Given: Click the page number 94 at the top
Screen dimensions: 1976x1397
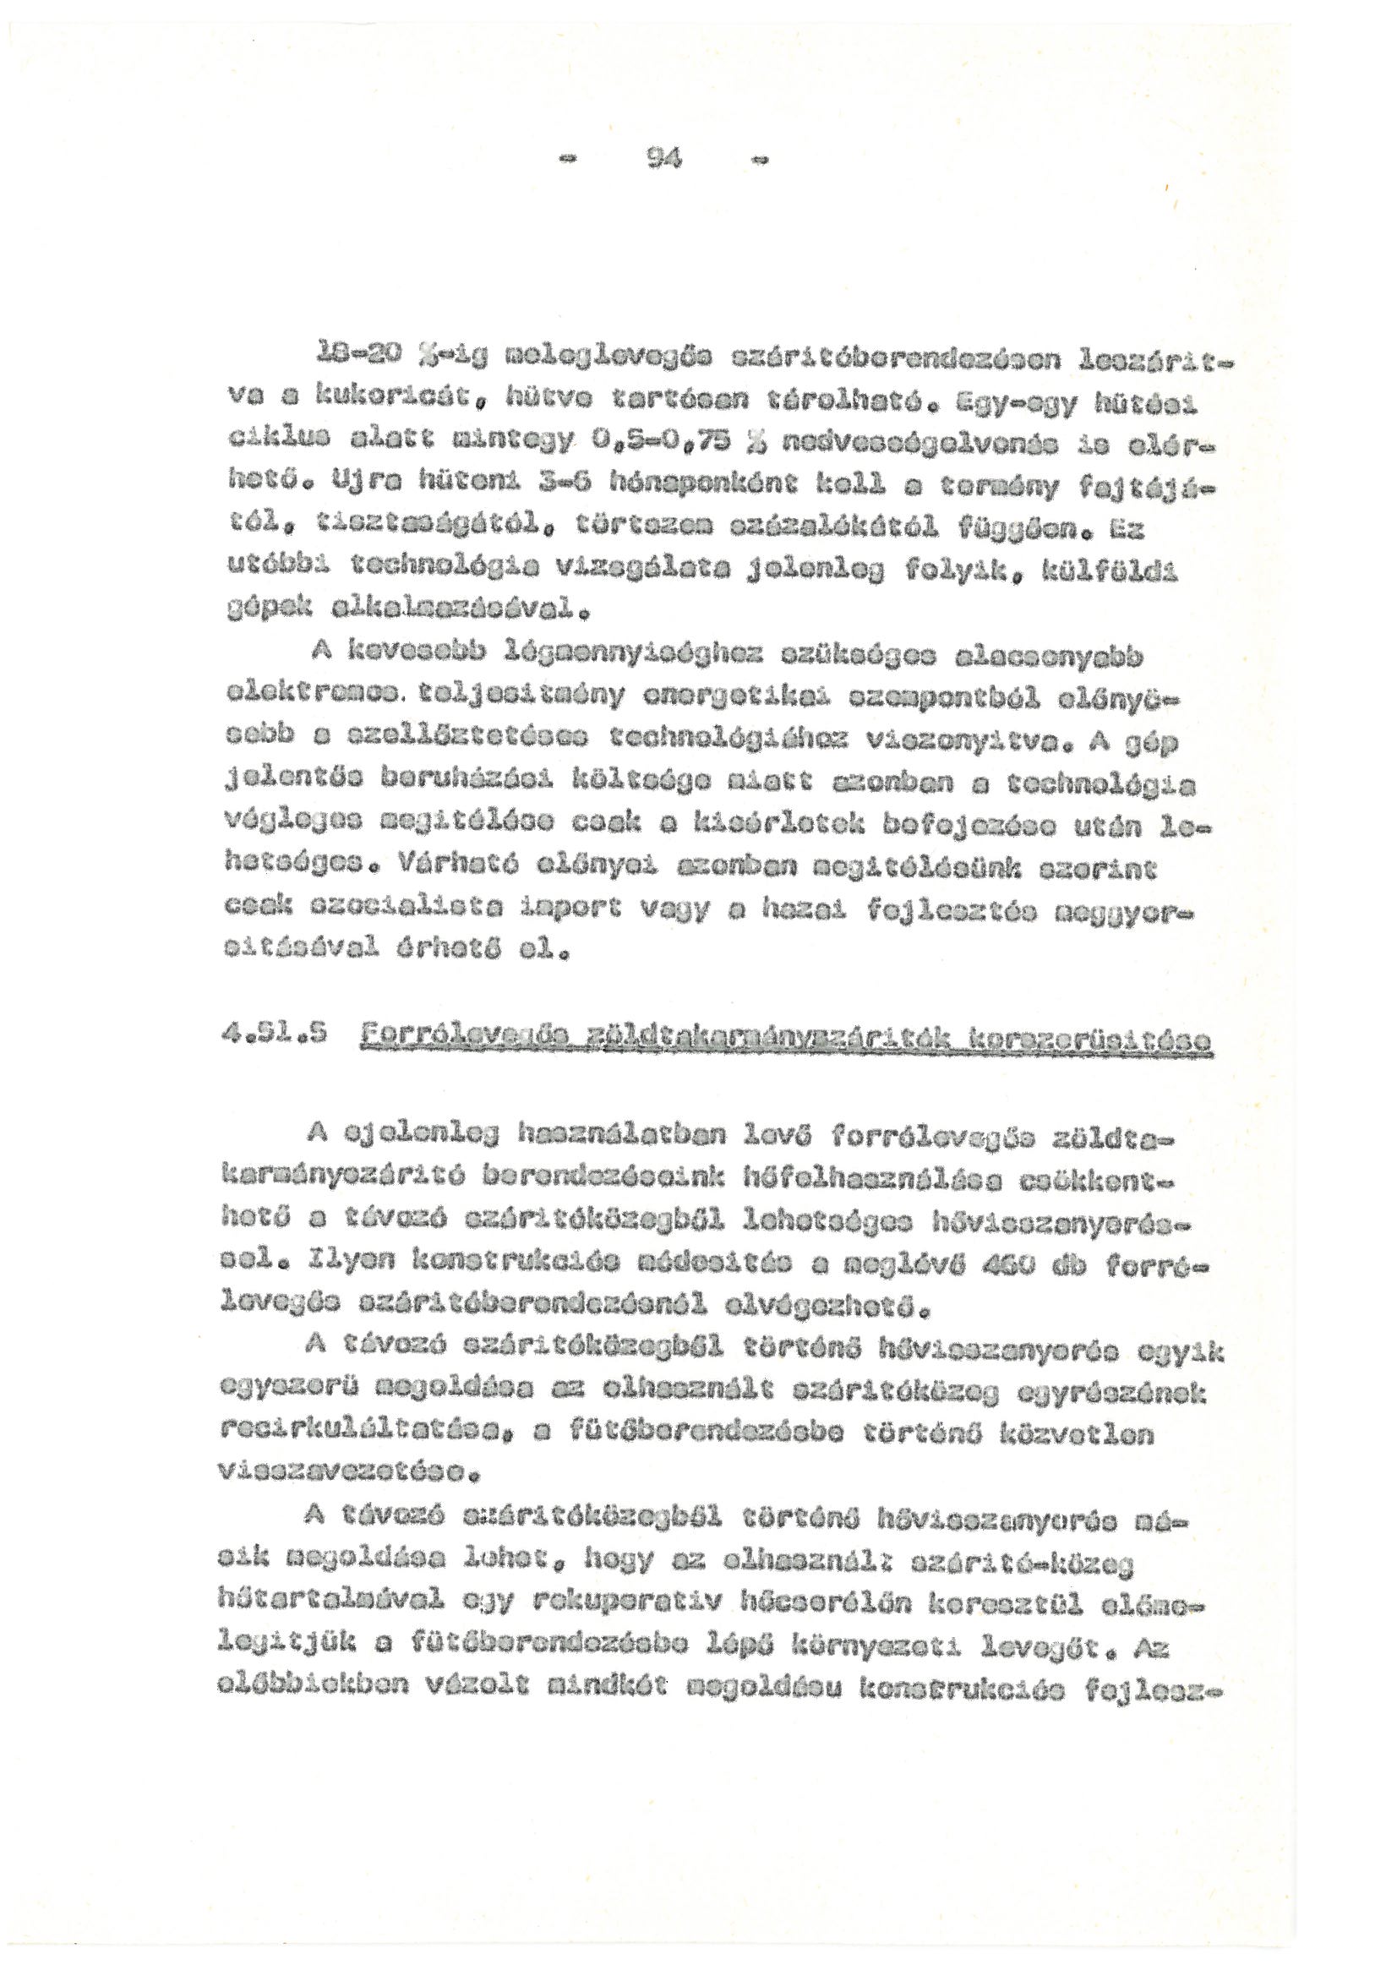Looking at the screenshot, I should [x=667, y=158].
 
